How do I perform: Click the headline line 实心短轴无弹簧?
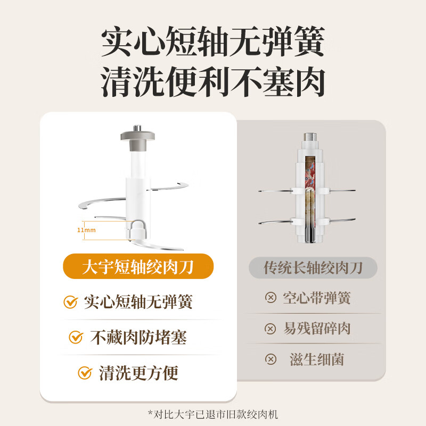click(213, 44)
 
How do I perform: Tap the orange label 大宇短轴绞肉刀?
click(138, 267)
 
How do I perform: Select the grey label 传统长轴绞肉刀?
click(313, 267)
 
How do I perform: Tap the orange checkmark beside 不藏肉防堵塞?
click(77, 337)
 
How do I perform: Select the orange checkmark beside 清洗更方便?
click(85, 372)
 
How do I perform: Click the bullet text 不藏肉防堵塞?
click(138, 337)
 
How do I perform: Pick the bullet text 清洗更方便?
click(138, 372)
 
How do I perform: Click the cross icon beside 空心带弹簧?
click(271, 298)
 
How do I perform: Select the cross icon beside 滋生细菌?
click(271, 359)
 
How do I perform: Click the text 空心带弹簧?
click(316, 298)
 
